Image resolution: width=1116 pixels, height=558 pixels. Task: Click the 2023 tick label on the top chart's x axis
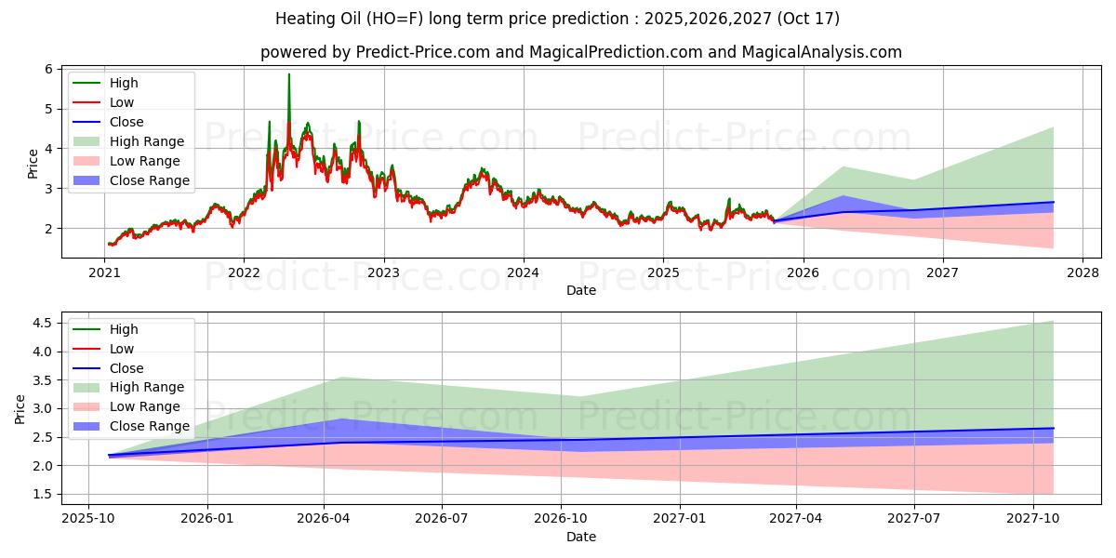coord(383,272)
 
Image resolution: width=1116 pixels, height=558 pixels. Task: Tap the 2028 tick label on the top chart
coord(1083,272)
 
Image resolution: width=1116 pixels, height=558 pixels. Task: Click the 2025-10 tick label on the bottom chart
coord(88,518)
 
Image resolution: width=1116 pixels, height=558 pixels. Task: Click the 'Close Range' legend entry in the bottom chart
coord(150,426)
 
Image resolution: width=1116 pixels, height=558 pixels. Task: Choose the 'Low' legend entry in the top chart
coord(122,102)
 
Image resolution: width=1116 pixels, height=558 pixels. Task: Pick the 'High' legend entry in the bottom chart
coord(124,329)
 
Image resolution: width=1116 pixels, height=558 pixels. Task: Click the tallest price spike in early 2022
coord(289,74)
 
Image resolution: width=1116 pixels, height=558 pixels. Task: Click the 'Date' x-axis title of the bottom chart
coord(581,537)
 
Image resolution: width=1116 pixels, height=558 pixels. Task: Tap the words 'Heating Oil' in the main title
coord(315,19)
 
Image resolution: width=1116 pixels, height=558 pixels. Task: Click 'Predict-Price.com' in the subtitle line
coord(423,52)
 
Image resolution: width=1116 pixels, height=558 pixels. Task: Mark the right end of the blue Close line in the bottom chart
coord(1054,429)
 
